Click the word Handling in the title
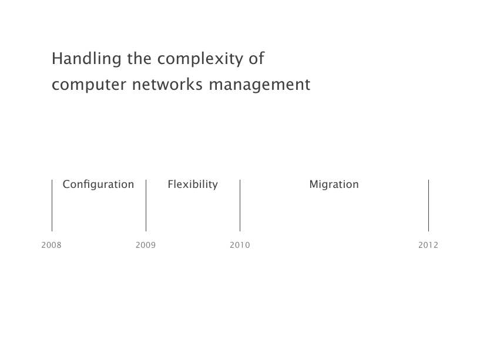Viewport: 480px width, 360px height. pyautogui.click(x=86, y=59)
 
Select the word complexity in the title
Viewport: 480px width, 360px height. pyautogui.click(x=200, y=59)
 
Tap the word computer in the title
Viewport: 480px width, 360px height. pyautogui.click(x=89, y=85)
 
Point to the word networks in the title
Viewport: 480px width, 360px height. pyautogui.click(x=167, y=84)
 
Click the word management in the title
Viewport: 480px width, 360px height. pyautogui.click(x=260, y=85)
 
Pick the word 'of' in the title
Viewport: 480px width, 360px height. pyautogui.click(x=257, y=58)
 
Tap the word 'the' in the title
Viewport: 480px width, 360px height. pyautogui.click(x=139, y=58)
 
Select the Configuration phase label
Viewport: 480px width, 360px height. pyautogui.click(x=98, y=184)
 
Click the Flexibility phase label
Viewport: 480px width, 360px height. pyautogui.click(x=193, y=184)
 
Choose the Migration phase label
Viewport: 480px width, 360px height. pyautogui.click(x=334, y=184)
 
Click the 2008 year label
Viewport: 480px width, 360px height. pyautogui.click(x=52, y=245)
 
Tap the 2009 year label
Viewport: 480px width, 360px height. pyautogui.click(x=146, y=245)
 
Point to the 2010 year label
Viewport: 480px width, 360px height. pyautogui.click(x=240, y=245)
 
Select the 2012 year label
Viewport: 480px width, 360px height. pyautogui.click(x=428, y=245)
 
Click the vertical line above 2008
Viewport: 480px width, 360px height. pyautogui.click(x=52, y=206)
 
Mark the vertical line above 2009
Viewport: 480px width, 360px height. pyautogui.click(x=146, y=206)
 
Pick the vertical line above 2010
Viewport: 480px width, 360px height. pyautogui.click(x=240, y=206)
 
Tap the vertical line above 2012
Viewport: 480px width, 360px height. pyautogui.click(x=428, y=206)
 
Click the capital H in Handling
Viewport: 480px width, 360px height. pyautogui.click(x=57, y=59)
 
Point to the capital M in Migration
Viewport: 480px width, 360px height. pyautogui.click(x=314, y=184)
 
